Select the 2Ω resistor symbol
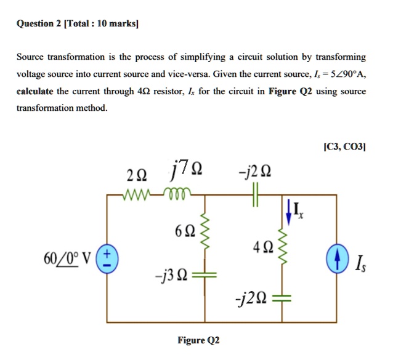(x=137, y=195)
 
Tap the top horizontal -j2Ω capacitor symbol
(x=256, y=195)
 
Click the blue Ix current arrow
(x=288, y=211)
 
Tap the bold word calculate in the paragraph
(x=34, y=91)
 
